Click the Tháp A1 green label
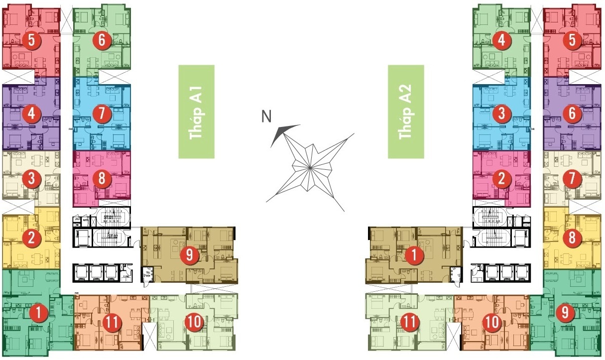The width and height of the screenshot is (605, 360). pyautogui.click(x=196, y=112)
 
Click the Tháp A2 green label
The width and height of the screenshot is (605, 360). pyautogui.click(x=406, y=112)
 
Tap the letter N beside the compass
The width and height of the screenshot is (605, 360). pyautogui.click(x=267, y=117)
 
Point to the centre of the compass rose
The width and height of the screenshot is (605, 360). pyautogui.click(x=309, y=167)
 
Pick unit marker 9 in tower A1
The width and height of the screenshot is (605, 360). pyautogui.click(x=189, y=255)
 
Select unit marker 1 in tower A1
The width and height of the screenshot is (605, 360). pyautogui.click(x=38, y=313)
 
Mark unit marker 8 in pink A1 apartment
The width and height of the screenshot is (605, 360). pyautogui.click(x=102, y=178)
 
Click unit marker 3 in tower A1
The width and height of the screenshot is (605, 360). pyautogui.click(x=31, y=178)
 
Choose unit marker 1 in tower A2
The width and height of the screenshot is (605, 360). pyautogui.click(x=413, y=255)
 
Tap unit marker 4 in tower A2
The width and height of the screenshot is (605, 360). pyautogui.click(x=501, y=41)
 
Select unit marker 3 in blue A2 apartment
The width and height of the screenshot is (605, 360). pyautogui.click(x=501, y=114)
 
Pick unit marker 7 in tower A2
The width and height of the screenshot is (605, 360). pyautogui.click(x=572, y=178)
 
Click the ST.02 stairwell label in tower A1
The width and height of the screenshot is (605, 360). pyautogui.click(x=113, y=237)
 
